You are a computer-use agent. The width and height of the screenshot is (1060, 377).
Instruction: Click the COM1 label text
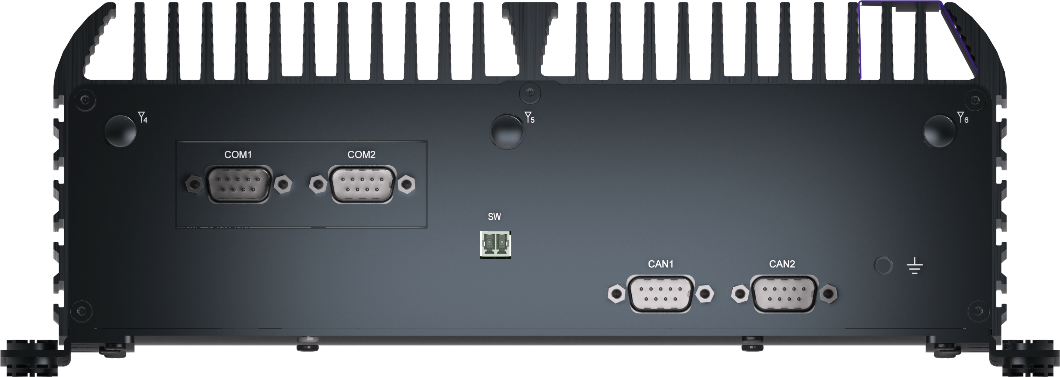pos(238,155)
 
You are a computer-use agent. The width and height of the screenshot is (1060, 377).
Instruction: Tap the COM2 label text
pos(361,155)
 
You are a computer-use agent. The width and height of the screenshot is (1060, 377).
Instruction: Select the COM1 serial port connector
pos(239,184)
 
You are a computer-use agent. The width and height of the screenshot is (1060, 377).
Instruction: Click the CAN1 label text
pos(661,264)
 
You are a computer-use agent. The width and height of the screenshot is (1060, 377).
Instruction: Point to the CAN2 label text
pos(782,264)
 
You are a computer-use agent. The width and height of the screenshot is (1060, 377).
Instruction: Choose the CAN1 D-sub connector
pos(661,294)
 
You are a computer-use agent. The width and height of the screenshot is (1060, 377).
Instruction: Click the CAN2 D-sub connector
pos(784,294)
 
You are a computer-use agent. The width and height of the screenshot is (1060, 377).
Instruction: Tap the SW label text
pos(494,217)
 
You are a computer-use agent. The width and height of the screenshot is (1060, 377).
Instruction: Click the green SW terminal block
pos(496,245)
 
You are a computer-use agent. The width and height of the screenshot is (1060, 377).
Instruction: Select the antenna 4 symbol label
pos(143,117)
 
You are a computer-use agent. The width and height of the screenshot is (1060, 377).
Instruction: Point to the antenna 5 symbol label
pos(530,117)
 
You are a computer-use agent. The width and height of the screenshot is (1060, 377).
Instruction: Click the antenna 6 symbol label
pos(962,117)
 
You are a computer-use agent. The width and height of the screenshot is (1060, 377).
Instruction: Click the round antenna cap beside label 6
pos(940,131)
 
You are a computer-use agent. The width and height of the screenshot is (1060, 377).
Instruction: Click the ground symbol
pos(915,266)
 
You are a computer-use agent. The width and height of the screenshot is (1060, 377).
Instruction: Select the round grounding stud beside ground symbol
pos(883,266)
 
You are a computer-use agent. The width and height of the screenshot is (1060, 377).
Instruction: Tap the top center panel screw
pos(530,94)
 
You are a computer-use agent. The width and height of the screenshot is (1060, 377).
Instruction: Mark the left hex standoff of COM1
pos(194,184)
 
